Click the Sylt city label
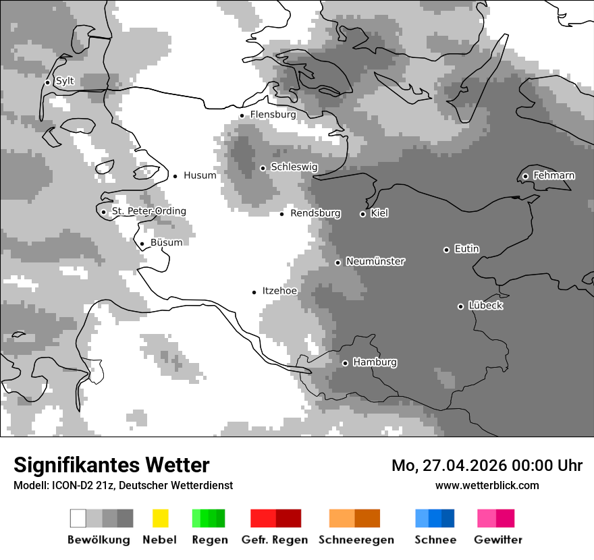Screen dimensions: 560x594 [x=65, y=81]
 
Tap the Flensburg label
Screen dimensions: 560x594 [x=273, y=115]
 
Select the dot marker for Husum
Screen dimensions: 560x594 [x=175, y=176]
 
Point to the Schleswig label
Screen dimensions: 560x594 [x=294, y=167]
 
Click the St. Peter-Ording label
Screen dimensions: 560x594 [x=148, y=211]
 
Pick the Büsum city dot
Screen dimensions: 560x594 [x=142, y=244]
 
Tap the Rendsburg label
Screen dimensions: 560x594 [x=315, y=213]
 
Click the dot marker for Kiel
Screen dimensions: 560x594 [x=362, y=214]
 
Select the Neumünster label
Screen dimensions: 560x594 [x=375, y=261]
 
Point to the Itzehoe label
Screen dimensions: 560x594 [x=279, y=291]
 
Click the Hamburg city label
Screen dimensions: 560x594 [x=375, y=362]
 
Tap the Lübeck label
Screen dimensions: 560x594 [x=485, y=306]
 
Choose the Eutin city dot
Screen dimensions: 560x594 [x=446, y=250]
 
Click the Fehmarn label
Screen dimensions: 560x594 [x=553, y=175]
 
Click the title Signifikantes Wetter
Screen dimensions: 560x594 [x=111, y=465]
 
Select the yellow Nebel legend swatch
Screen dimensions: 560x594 [x=161, y=518]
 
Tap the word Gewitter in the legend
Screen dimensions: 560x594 [x=498, y=540]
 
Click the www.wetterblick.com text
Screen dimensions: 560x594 [x=487, y=485]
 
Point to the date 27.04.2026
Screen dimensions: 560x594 [x=464, y=466]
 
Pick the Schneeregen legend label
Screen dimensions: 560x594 [x=356, y=540]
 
